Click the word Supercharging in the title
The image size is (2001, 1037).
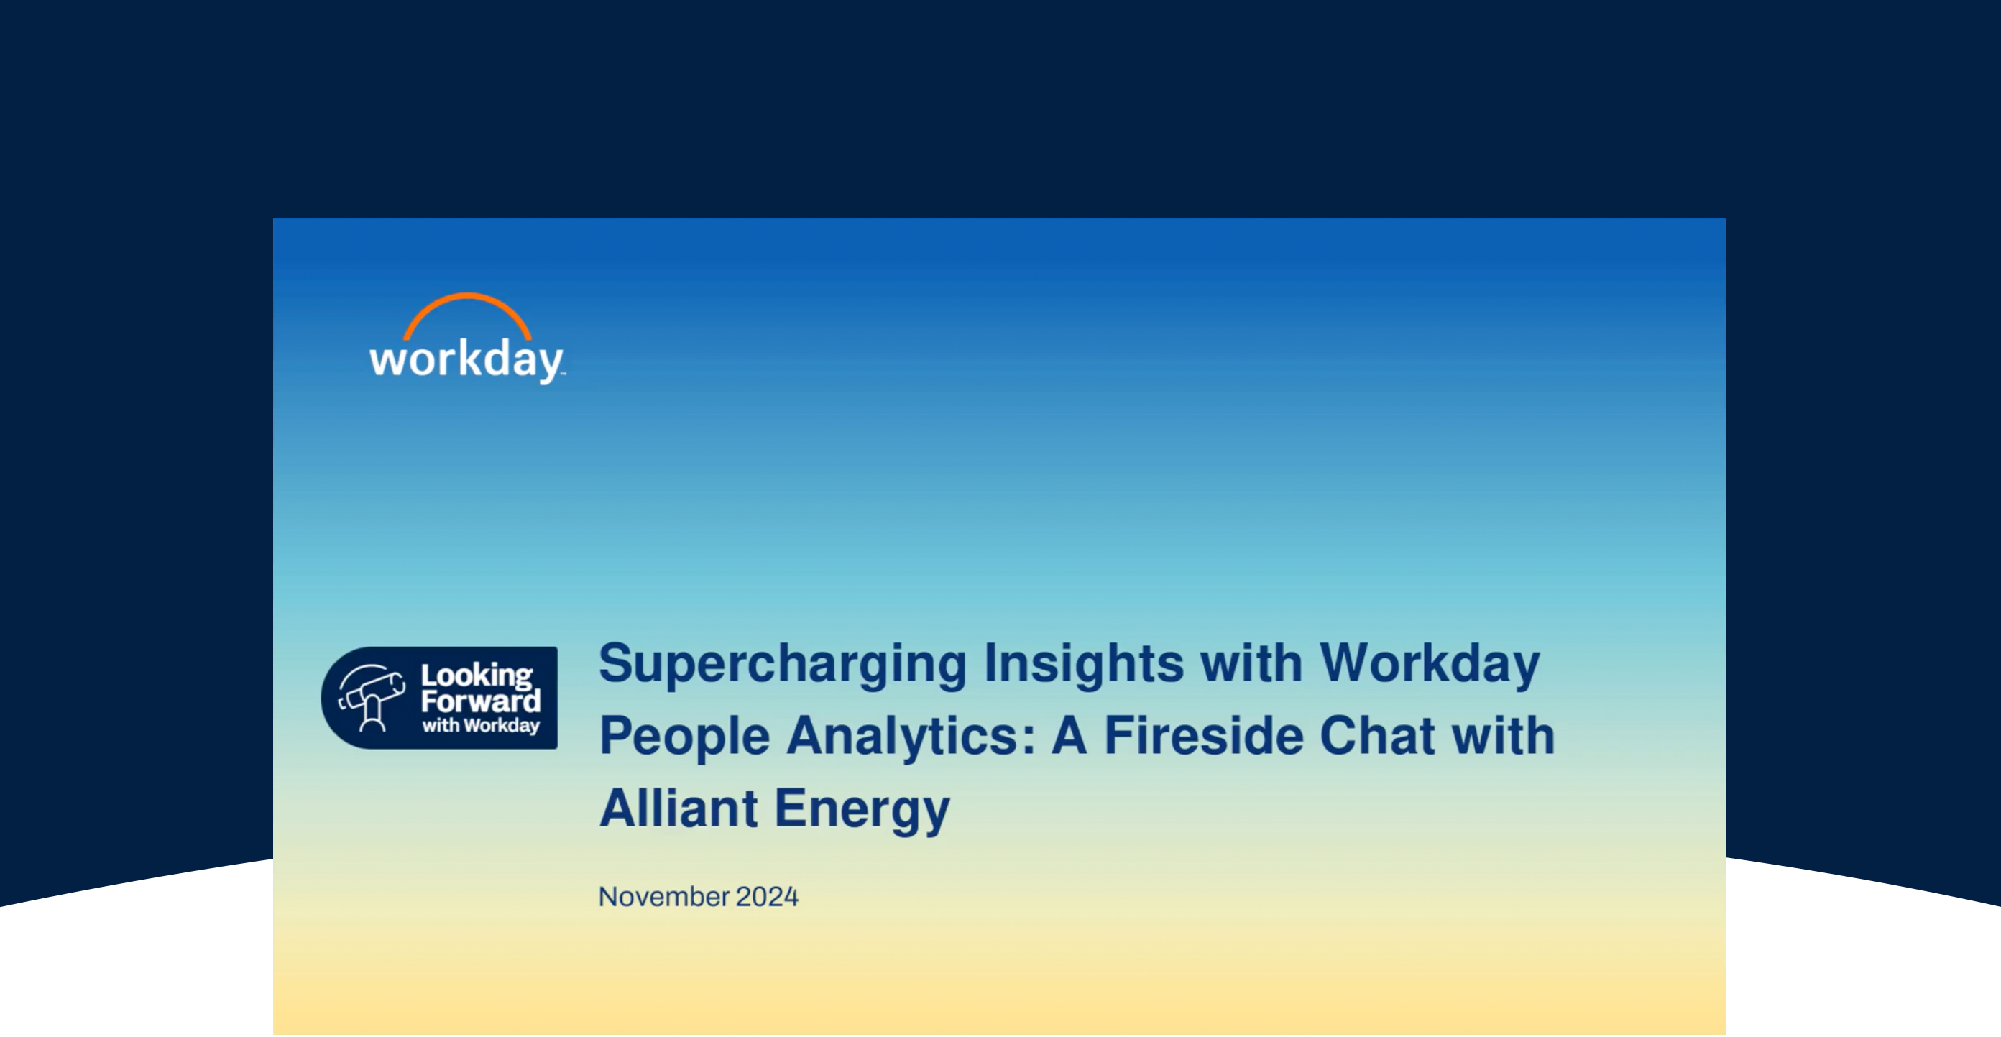tap(782, 665)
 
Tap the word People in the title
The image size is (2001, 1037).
tap(684, 737)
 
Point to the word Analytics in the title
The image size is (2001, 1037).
tap(911, 737)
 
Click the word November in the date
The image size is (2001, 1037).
tap(663, 896)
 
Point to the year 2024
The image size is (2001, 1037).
tap(767, 896)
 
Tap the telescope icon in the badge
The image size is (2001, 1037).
tap(372, 698)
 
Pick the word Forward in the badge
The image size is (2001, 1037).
tap(481, 701)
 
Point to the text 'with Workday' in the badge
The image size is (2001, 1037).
tap(481, 726)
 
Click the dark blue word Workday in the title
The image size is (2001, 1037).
tap(1430, 665)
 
